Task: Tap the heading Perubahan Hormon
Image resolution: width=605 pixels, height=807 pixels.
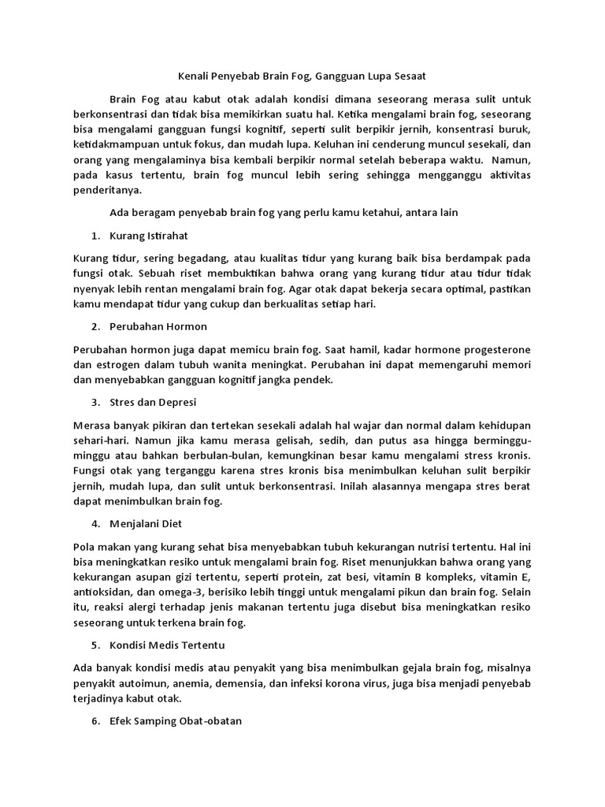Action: coord(158,326)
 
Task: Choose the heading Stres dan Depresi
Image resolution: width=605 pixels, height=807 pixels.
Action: coord(154,402)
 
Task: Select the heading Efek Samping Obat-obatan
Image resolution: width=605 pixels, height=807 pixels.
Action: coord(176,721)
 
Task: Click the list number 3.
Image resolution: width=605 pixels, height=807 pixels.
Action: coord(95,402)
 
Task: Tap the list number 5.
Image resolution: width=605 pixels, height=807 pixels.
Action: coord(95,645)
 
